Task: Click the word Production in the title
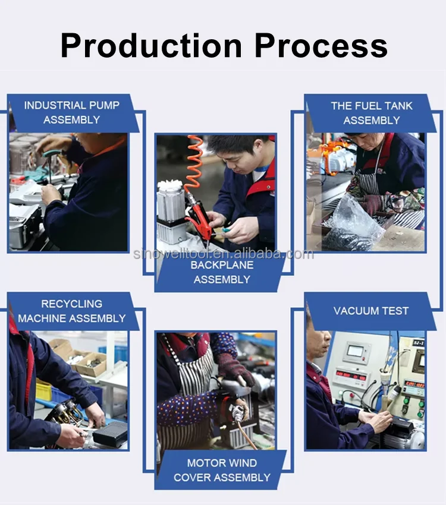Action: pyautogui.click(x=151, y=46)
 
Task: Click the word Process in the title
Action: pyautogui.click(x=321, y=46)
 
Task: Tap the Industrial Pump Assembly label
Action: pyautogui.click(x=71, y=112)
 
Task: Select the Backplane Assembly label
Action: pyautogui.click(x=222, y=272)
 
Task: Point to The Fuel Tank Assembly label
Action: pyautogui.click(x=372, y=113)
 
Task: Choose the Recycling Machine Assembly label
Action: pyautogui.click(x=71, y=311)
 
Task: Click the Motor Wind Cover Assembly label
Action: pyautogui.click(x=222, y=470)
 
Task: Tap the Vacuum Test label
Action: pyautogui.click(x=371, y=311)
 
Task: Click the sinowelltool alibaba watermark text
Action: pyautogui.click(x=224, y=254)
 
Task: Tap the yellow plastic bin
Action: pyautogui.click(x=43, y=390)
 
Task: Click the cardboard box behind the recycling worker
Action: pyautogui.click(x=91, y=364)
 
